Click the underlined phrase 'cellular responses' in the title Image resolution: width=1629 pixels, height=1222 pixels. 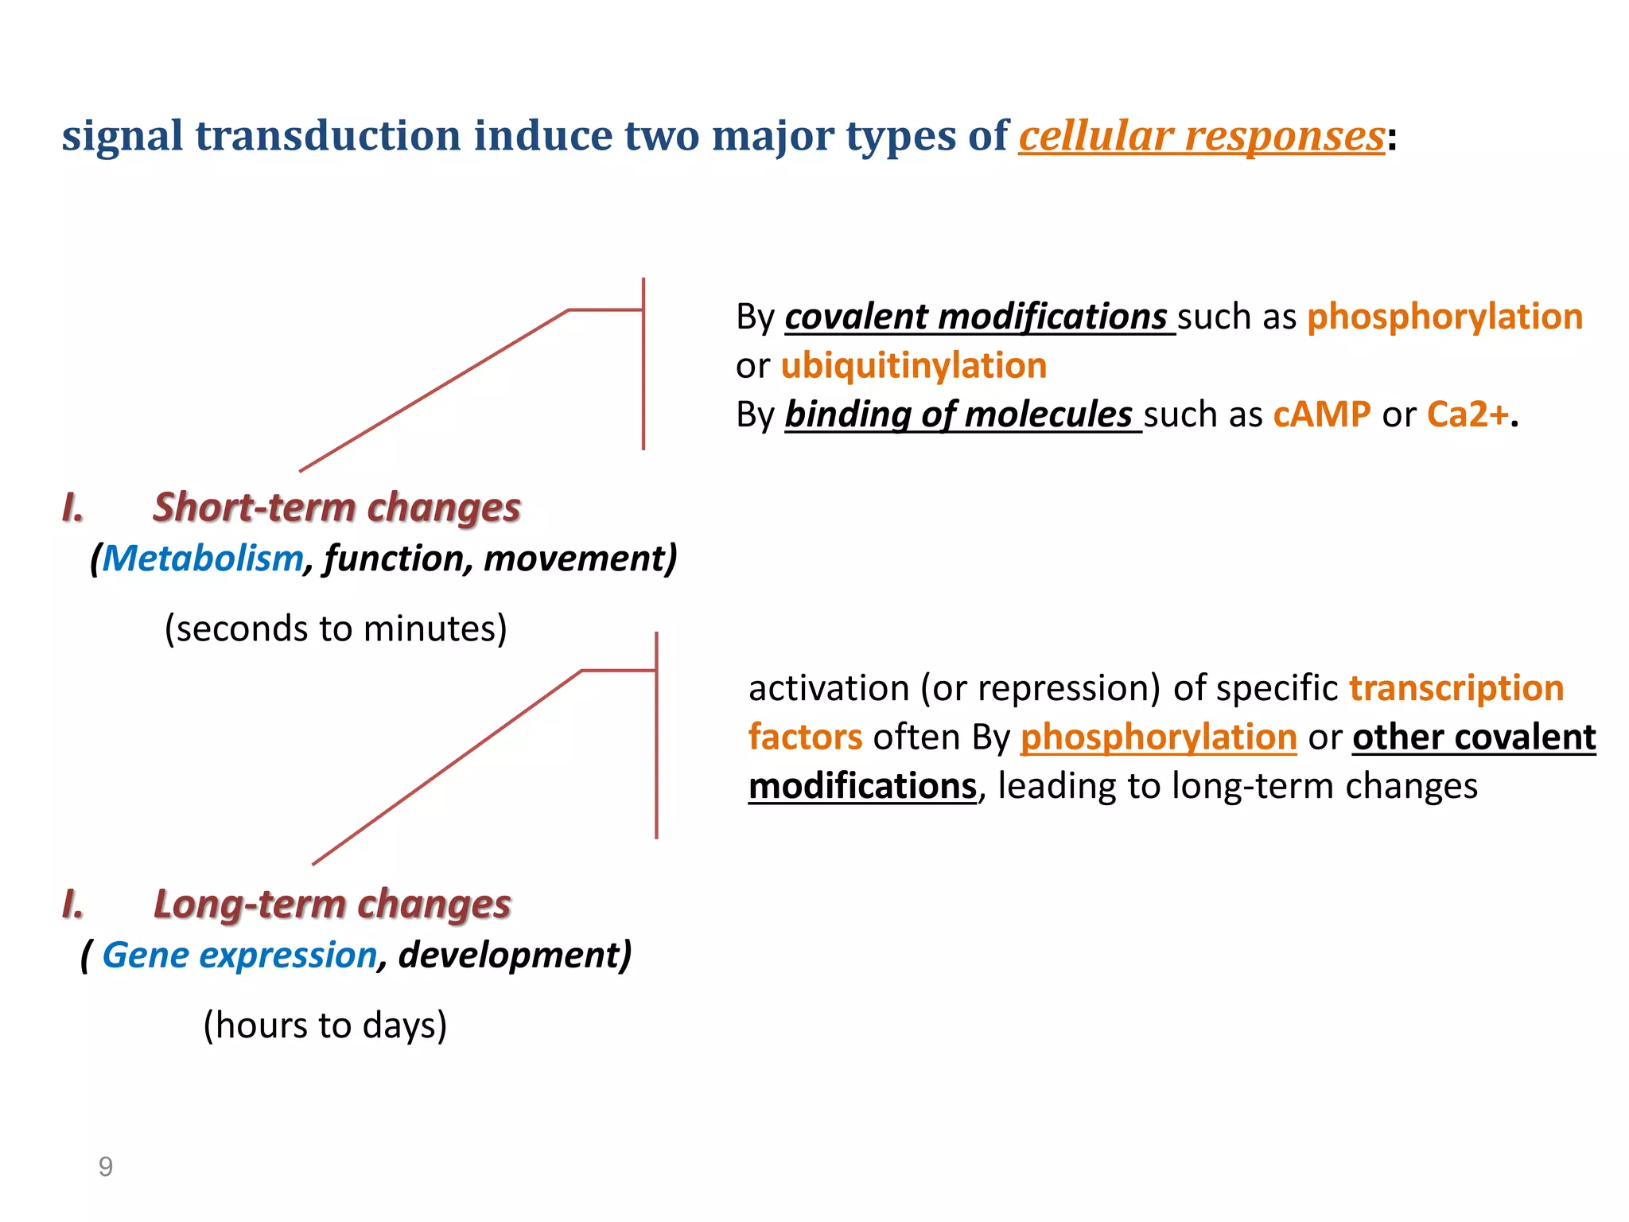(x=1201, y=136)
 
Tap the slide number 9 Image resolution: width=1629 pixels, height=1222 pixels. (x=106, y=1166)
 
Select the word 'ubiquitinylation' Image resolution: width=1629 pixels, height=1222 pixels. (x=913, y=366)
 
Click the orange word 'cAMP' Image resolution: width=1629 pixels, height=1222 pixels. (x=1321, y=414)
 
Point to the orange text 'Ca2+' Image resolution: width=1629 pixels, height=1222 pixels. (x=1468, y=414)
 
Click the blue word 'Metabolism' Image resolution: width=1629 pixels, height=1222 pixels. (x=203, y=558)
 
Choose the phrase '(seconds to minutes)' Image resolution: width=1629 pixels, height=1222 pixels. (x=336, y=629)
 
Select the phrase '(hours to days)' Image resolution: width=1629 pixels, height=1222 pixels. (x=325, y=1025)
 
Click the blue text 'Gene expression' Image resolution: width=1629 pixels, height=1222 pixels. (x=239, y=955)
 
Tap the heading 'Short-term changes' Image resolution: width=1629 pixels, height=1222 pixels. (x=336, y=508)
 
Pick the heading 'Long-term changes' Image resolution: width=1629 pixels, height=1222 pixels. (x=332, y=905)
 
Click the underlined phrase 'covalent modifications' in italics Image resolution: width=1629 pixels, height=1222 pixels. (x=976, y=317)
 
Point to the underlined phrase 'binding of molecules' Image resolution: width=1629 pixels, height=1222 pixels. (x=958, y=414)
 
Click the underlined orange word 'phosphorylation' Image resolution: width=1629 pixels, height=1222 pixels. (x=1158, y=737)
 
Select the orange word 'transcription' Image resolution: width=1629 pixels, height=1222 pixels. (x=1456, y=688)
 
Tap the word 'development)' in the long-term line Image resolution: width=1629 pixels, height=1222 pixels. (x=515, y=955)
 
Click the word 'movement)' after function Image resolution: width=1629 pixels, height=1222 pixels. (x=580, y=558)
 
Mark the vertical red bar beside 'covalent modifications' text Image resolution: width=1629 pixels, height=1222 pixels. (x=643, y=364)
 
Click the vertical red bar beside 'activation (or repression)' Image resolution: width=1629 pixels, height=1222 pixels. (x=656, y=736)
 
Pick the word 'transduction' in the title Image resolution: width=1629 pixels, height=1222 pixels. (x=328, y=136)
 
